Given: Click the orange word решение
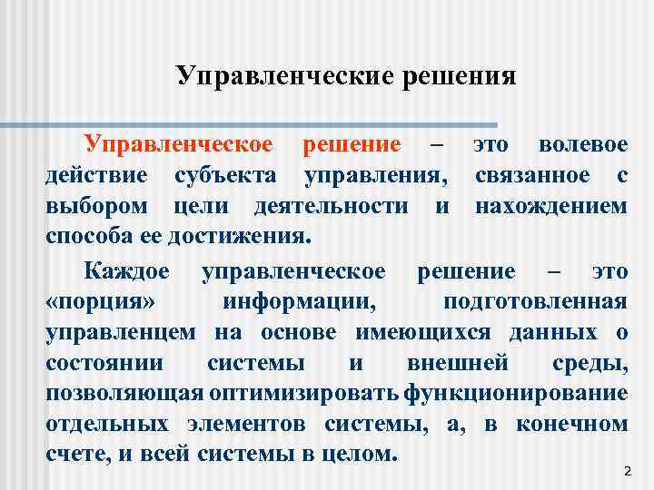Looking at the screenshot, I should (352, 144).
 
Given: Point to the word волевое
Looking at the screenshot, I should (582, 144).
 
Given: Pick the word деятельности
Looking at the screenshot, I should (332, 206).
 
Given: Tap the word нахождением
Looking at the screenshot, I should (550, 206).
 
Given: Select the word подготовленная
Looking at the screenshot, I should (535, 301).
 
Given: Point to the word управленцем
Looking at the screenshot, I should (121, 332).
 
